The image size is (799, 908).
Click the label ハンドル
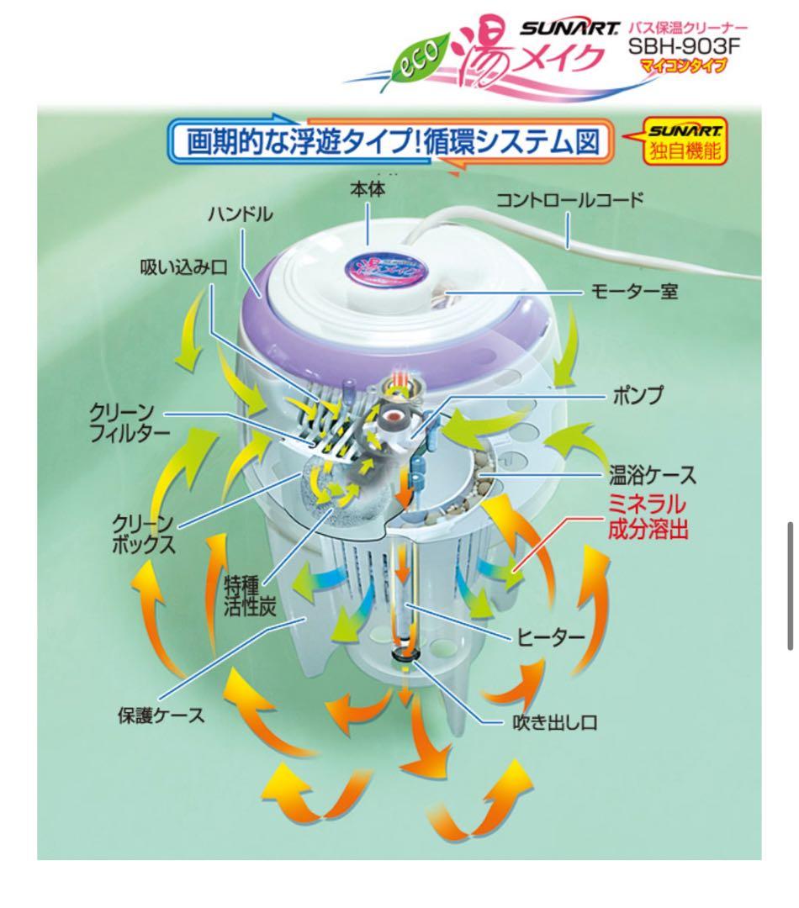click(x=241, y=214)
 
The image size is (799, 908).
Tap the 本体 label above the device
click(x=367, y=190)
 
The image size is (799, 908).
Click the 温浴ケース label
click(x=653, y=476)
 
